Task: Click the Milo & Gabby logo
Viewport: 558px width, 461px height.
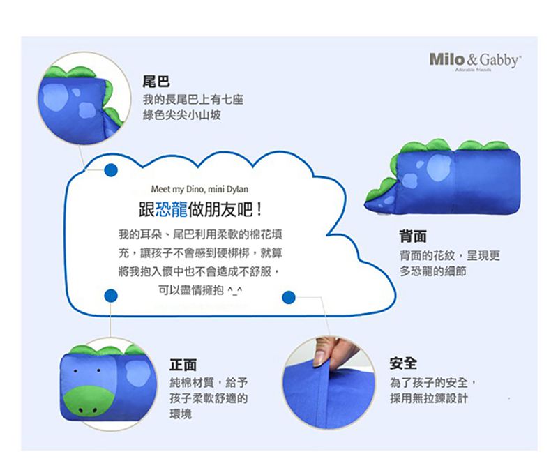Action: tap(475, 61)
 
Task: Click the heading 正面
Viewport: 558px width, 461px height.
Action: tap(183, 364)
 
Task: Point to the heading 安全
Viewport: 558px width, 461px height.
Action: tap(403, 363)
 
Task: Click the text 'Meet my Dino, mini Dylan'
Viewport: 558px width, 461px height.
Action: tap(199, 189)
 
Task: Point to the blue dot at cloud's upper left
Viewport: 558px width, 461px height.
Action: tap(110, 169)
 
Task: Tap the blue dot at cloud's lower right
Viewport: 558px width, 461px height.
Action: tap(289, 298)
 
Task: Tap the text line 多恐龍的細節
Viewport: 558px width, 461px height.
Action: tap(432, 271)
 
